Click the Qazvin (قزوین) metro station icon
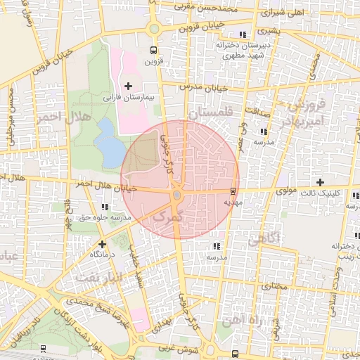[x=153, y=50]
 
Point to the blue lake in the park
[x=108, y=143]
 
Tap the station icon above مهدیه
[x=233, y=191]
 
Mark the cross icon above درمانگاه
[x=102, y=243]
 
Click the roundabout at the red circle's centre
[x=177, y=195]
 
